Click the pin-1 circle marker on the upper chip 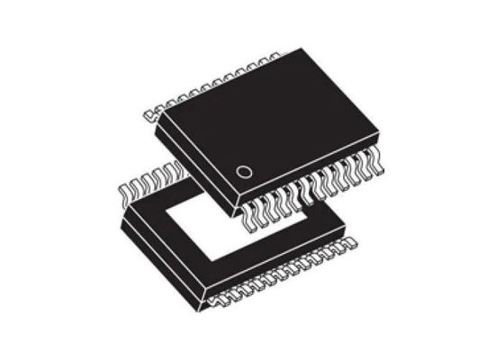click(242, 171)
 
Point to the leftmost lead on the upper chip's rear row click(151, 114)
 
